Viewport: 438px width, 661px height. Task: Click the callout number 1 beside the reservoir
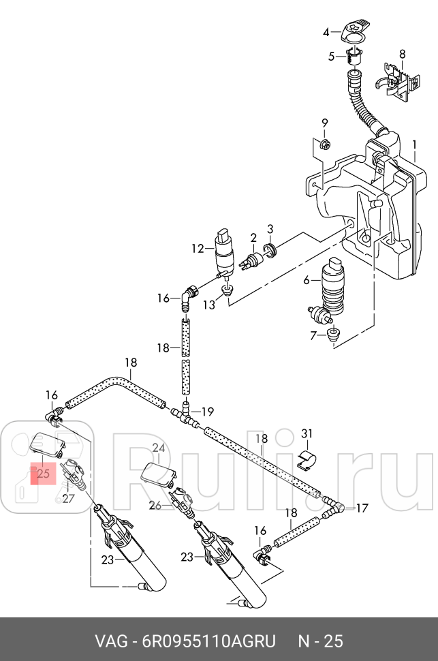pos(414,145)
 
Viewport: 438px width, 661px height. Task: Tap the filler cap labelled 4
pos(353,31)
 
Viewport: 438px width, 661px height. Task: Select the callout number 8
pos(402,54)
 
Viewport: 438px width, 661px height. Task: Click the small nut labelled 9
pos(326,144)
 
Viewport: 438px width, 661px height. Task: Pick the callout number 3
pos(270,228)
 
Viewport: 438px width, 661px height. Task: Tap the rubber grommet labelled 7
pos(334,335)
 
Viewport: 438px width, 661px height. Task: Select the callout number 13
pos(208,305)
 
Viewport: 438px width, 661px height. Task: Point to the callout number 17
pos(362,508)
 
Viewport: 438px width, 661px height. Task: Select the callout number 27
pos(67,498)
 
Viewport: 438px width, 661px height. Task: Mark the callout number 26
pos(155,505)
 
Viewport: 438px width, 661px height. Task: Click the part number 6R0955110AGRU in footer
pos(208,641)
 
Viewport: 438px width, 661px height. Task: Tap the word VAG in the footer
pos(110,641)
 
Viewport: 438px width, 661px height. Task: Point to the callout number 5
pos(332,57)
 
